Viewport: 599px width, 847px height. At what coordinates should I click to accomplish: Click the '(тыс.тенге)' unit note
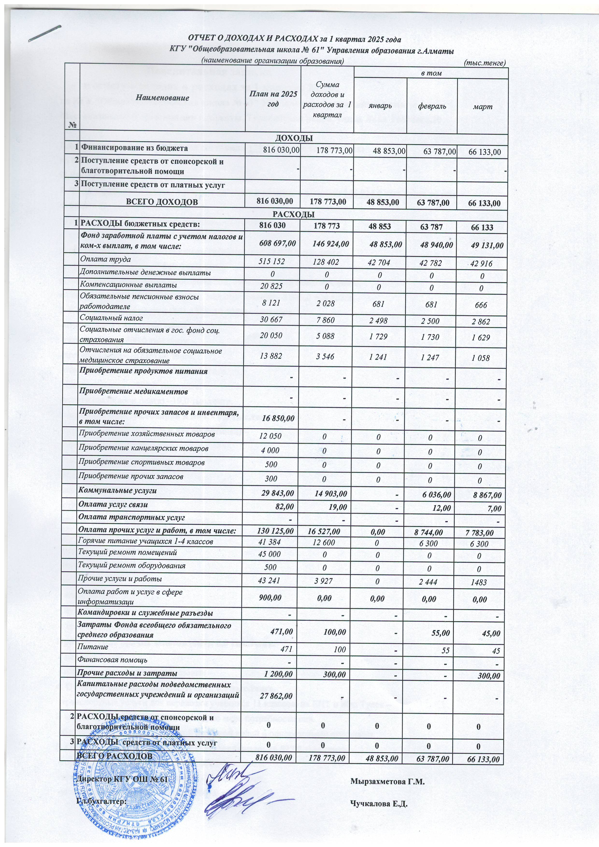pos(484,63)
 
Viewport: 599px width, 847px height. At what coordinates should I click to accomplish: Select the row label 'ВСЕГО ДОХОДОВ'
pos(162,202)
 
